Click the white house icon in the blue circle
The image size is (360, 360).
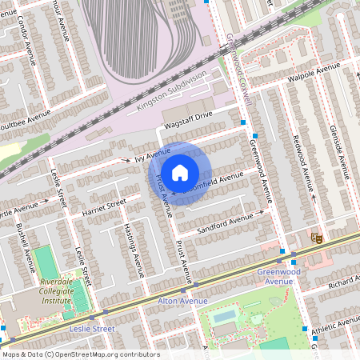pyautogui.click(x=180, y=172)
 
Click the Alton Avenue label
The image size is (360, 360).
pyautogui.click(x=182, y=301)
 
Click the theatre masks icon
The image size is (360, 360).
pyautogui.click(x=317, y=238)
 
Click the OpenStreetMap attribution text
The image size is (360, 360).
pyautogui.click(x=80, y=354)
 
